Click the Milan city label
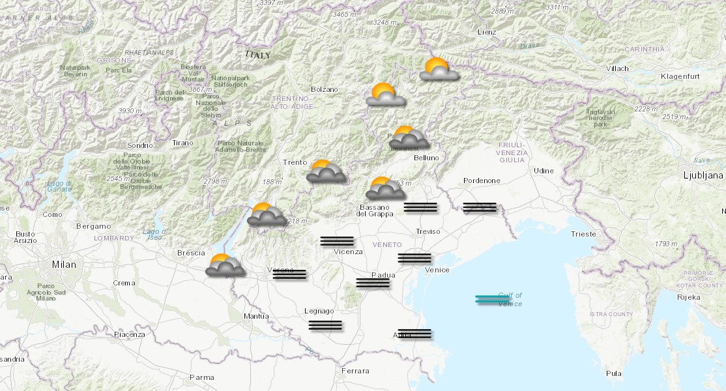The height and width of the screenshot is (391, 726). point(64,265)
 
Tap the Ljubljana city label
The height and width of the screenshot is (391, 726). point(703,175)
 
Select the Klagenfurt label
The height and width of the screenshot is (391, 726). point(679,77)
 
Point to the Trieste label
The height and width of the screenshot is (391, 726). point(583,234)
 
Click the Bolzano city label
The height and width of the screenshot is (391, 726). point(325,89)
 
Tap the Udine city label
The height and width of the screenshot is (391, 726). point(544,171)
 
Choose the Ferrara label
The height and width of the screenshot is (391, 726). point(355,371)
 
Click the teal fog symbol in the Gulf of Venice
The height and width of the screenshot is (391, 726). point(492,300)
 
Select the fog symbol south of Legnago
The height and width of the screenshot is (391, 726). point(325,325)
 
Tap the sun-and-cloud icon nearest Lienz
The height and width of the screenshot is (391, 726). point(437,69)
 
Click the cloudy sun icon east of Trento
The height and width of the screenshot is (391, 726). point(326,171)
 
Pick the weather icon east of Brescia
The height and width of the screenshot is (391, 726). point(225,265)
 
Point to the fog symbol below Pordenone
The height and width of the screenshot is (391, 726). point(480,208)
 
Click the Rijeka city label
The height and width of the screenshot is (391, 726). point(689,297)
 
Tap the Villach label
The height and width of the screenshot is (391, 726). point(617,68)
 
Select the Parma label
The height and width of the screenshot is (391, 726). point(201,377)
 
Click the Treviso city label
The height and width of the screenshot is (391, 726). point(428,231)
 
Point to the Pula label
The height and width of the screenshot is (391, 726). point(613,373)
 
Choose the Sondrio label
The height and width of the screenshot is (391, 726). point(139,145)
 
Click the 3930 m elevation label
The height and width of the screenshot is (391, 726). point(130,111)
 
